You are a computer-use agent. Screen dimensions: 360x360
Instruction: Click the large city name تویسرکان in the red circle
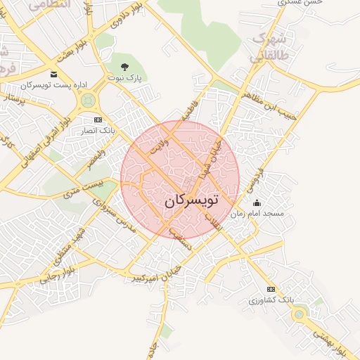click(191, 200)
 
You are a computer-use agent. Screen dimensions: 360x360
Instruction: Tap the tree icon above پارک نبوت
click(125, 67)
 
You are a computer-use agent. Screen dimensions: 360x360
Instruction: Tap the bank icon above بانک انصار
click(97, 120)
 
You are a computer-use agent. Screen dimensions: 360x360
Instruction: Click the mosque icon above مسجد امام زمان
click(257, 203)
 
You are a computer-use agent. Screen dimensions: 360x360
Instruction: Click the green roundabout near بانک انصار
click(88, 101)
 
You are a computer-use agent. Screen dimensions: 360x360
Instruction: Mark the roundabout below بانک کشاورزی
click(299, 314)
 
